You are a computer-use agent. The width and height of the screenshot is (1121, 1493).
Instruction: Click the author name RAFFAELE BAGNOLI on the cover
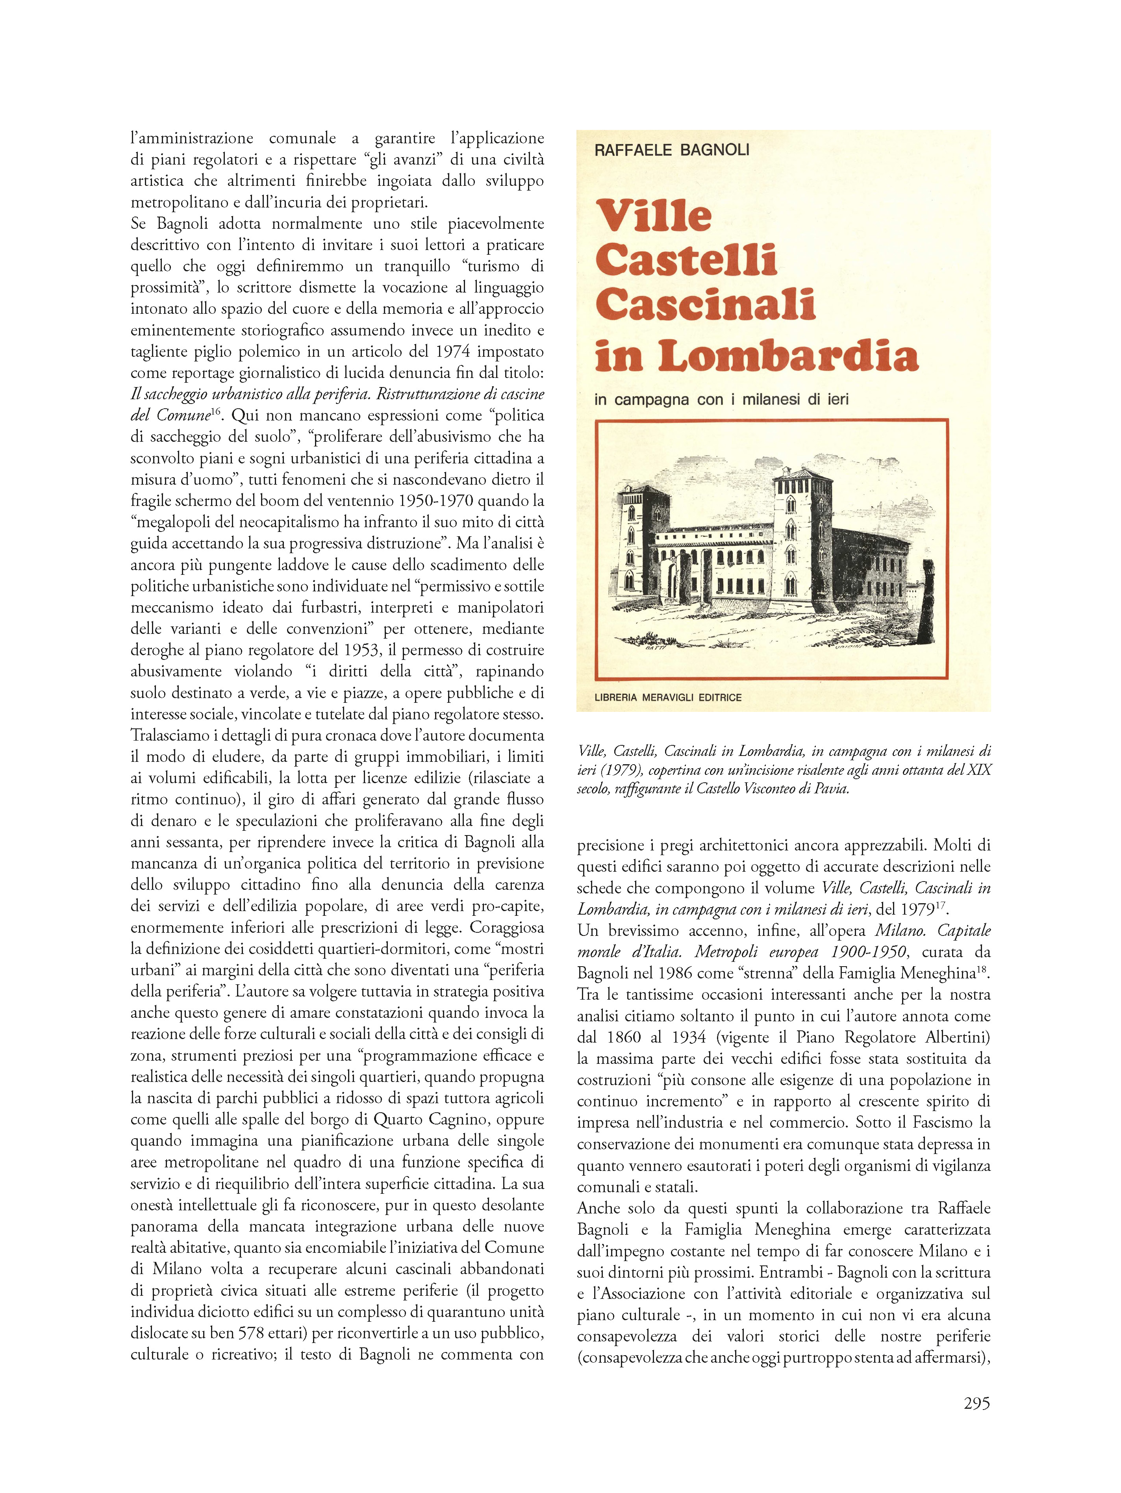[x=671, y=150]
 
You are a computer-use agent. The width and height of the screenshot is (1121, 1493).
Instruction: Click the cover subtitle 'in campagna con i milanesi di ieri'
[x=721, y=400]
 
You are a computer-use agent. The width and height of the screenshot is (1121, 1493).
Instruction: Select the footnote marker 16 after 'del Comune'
[x=218, y=410]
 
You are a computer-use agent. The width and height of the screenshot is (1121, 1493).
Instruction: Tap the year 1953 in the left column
[x=358, y=650]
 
